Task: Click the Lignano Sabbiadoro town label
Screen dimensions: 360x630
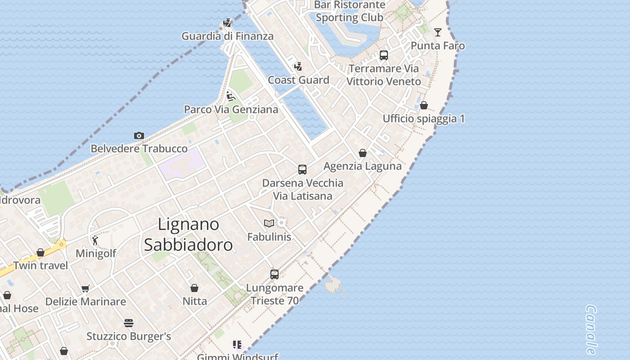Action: coord(188,234)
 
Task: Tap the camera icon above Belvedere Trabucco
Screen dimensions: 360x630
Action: coord(139,135)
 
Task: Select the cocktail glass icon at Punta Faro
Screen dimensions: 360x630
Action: coord(437,32)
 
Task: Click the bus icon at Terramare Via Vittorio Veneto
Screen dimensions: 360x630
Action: coord(384,55)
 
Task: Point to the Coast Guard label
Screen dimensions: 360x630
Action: coord(298,80)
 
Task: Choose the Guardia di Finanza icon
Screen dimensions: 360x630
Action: coord(228,23)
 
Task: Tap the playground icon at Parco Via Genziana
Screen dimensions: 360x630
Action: coord(231,96)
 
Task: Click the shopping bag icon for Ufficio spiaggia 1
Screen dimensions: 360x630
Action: coord(423,105)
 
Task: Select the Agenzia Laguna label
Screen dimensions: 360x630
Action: coord(362,166)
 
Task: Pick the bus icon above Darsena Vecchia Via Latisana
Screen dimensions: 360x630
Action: coord(302,170)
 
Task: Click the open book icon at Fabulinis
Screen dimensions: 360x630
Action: coord(269,223)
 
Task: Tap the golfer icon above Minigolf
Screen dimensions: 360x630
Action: coord(95,240)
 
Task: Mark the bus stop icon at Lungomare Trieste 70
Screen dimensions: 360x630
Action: coord(274,274)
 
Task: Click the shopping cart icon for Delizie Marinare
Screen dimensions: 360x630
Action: coord(85,288)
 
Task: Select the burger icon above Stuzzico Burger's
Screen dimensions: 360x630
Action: coord(129,323)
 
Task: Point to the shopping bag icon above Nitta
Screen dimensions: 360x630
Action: coord(194,288)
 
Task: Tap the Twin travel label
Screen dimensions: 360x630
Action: coord(40,265)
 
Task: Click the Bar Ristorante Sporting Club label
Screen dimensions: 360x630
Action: coord(349,11)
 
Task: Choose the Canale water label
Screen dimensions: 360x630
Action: coord(591,329)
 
